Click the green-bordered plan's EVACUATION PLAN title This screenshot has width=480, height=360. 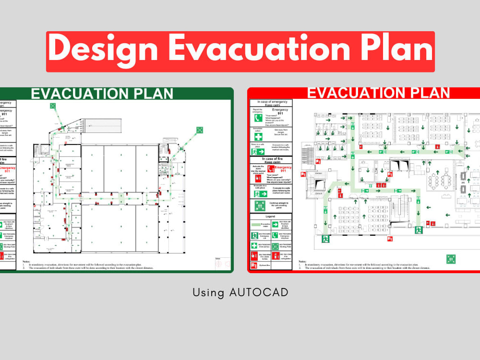pos(102,93)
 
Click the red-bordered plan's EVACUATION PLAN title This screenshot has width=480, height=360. pos(378,93)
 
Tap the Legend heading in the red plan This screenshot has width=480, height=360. pos(270,216)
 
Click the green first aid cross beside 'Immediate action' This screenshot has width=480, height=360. pos(258,136)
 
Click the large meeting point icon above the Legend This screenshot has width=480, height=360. pos(260,206)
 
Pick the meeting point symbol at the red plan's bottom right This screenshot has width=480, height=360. pos(451,259)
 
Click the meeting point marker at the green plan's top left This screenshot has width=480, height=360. pos(52,106)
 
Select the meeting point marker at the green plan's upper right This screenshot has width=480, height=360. pos(200,130)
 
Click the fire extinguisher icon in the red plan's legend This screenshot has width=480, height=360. pos(275,256)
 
